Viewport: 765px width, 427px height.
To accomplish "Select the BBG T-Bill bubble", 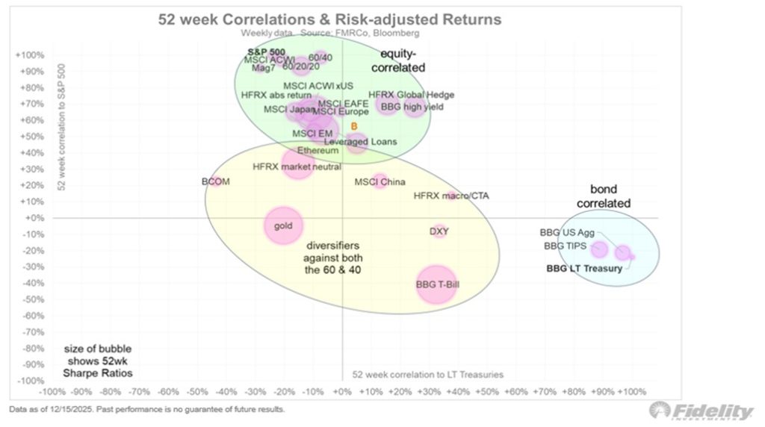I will coord(436,284).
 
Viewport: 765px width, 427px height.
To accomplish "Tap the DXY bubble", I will coord(439,231).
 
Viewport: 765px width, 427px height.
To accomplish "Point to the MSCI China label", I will coord(377,181).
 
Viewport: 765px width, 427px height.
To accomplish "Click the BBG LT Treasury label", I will coord(583,269).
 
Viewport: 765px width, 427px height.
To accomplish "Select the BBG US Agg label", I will coord(568,231).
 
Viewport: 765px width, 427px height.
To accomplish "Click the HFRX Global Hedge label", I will coord(411,96).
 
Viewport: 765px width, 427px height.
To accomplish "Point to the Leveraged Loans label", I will coord(360,142).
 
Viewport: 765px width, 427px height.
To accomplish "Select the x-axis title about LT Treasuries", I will coord(427,374).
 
